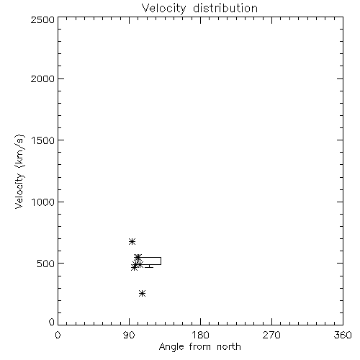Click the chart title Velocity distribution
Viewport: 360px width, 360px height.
click(x=199, y=9)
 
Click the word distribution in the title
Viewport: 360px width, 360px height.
click(x=225, y=9)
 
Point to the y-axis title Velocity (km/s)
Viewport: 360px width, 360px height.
click(x=19, y=171)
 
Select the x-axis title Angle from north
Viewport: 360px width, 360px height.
click(x=199, y=347)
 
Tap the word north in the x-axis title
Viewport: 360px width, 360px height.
click(x=229, y=347)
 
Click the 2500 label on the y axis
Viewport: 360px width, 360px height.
click(x=43, y=19)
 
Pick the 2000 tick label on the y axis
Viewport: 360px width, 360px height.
click(x=43, y=78)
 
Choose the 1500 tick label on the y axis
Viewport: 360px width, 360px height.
click(x=43, y=140)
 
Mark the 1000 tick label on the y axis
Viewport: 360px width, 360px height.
click(x=43, y=202)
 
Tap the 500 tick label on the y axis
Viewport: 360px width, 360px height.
click(x=46, y=264)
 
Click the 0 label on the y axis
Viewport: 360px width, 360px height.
click(x=52, y=322)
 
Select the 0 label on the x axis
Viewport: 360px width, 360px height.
click(x=58, y=335)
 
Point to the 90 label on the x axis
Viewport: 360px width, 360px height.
click(x=129, y=335)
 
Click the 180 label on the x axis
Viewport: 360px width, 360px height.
click(x=200, y=335)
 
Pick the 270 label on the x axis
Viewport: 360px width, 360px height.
click(x=271, y=335)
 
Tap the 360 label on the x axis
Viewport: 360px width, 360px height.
click(x=343, y=335)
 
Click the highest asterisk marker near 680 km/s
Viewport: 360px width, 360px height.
click(x=132, y=241)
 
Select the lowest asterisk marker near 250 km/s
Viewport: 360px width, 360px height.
click(x=142, y=293)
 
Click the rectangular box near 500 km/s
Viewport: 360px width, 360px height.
click(x=161, y=261)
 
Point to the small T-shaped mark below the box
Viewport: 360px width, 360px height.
click(x=149, y=266)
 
